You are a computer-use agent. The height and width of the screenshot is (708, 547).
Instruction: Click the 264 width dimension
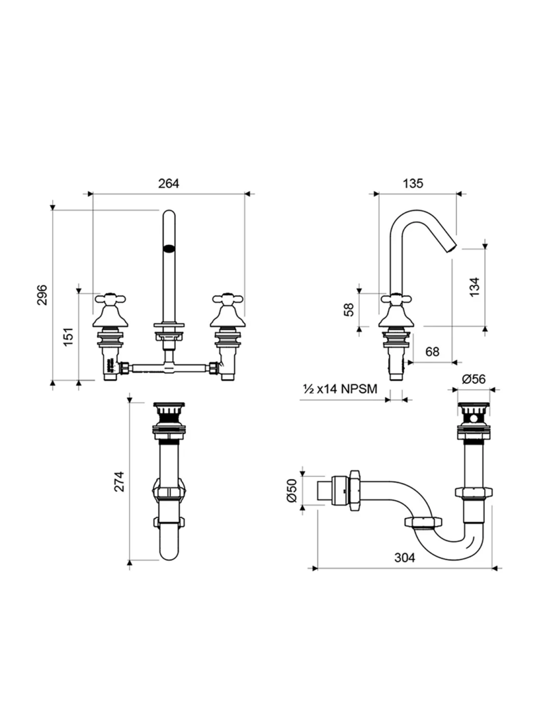pos(168,183)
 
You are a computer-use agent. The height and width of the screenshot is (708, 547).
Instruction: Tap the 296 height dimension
pos(42,295)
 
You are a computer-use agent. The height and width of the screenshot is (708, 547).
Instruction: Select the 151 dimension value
pos(68,337)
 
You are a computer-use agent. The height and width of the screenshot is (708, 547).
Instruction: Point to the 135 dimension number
pos(412,183)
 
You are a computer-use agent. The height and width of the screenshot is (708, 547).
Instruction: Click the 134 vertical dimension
pos(475,287)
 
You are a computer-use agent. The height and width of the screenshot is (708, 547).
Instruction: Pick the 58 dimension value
pos(349,309)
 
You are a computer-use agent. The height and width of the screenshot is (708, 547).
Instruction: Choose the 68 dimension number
pos(432,352)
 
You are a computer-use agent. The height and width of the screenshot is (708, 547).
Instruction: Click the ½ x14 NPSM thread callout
pos(341,389)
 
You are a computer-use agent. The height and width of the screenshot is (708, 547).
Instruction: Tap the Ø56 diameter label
pos(473,379)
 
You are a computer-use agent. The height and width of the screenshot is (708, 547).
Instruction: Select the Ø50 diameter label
pos(291,490)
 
